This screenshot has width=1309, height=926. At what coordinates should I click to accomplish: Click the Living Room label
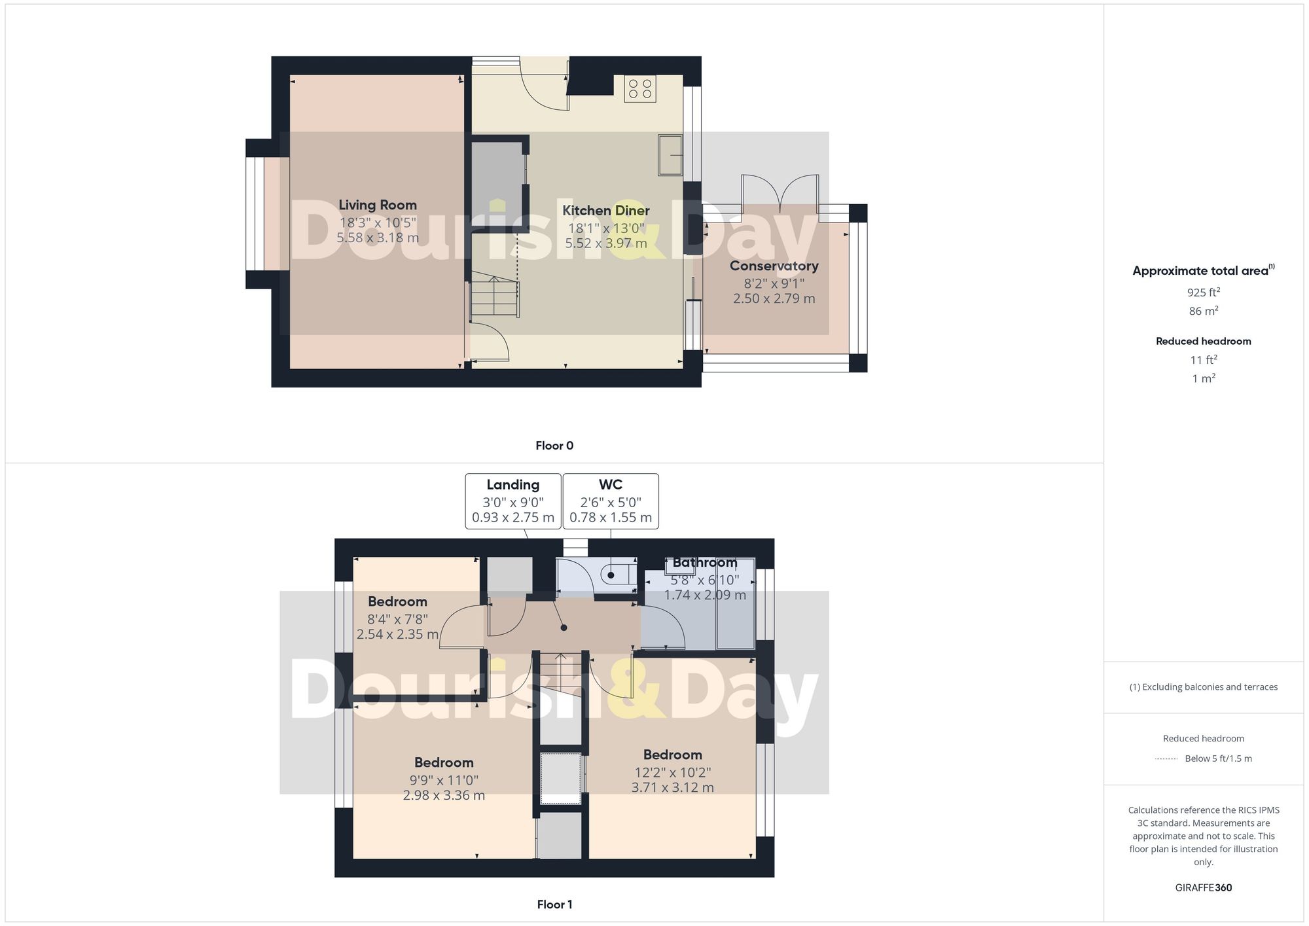[x=378, y=205]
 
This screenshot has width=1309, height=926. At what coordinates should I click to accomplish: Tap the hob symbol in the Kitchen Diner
[x=639, y=89]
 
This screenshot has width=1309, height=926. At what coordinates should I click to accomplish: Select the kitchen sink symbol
[x=670, y=155]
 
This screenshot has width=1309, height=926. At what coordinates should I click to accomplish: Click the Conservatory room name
[x=774, y=266]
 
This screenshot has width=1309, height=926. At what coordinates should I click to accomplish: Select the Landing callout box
[x=512, y=501]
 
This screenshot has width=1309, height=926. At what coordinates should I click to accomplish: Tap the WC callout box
[x=610, y=501]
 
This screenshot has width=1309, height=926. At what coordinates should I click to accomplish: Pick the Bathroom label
[x=704, y=562]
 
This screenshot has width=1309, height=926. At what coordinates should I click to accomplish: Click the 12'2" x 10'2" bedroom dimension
[x=672, y=772]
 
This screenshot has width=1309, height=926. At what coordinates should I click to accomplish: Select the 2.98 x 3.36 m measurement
[x=444, y=796]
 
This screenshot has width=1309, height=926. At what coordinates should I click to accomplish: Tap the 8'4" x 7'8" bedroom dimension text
[x=397, y=619]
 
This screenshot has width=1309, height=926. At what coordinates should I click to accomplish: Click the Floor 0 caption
[x=554, y=446]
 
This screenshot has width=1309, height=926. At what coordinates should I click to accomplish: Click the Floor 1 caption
[x=554, y=904]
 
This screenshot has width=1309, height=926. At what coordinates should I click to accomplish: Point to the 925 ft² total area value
[x=1203, y=293]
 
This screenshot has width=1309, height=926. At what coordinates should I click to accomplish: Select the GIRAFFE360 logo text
[x=1203, y=888]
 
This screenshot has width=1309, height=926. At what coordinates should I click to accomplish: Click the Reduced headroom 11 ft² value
[x=1203, y=360]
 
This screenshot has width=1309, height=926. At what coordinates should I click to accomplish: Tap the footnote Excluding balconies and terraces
[x=1203, y=687]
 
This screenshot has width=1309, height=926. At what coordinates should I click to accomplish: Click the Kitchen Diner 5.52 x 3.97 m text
[x=606, y=243]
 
